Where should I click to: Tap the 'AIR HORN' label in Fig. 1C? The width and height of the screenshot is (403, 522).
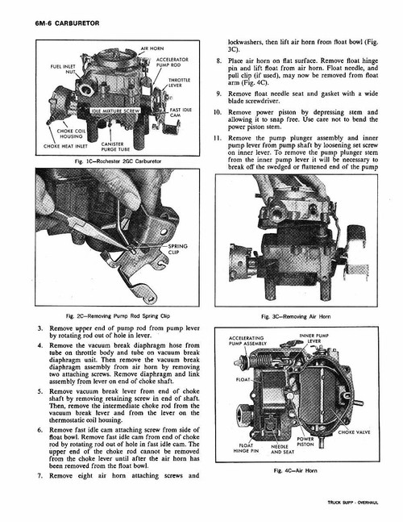click(x=152, y=49)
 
